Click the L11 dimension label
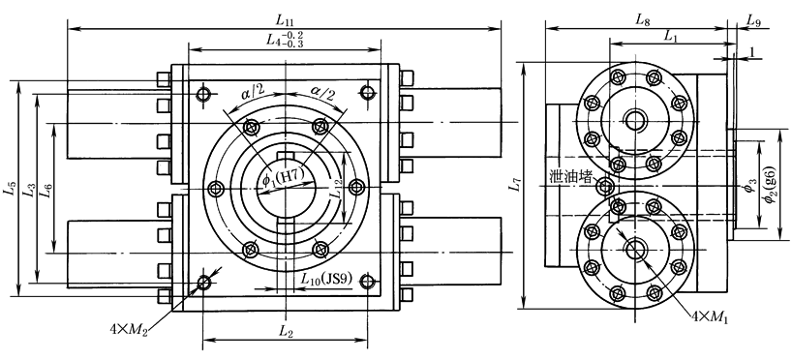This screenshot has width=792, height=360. [x=285, y=20]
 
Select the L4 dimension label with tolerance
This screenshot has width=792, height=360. [x=286, y=40]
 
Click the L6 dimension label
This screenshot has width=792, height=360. [x=47, y=193]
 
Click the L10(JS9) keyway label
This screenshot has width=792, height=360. [x=325, y=277]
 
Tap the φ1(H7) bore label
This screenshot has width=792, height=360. [x=282, y=178]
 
